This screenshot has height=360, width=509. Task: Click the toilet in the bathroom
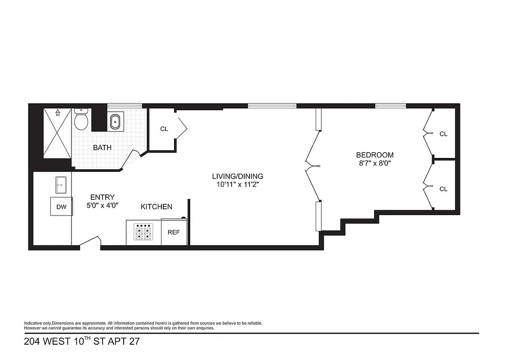(x=81, y=120)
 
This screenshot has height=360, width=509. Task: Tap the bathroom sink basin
(x=116, y=121)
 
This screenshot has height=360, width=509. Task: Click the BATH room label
(x=102, y=148)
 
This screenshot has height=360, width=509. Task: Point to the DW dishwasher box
(x=61, y=207)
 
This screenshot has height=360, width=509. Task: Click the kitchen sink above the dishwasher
(x=62, y=184)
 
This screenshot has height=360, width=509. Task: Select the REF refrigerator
(x=174, y=232)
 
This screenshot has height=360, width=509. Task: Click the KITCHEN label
(x=156, y=207)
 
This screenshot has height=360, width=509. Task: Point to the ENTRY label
(x=103, y=197)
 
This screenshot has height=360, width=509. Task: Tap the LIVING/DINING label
(x=238, y=176)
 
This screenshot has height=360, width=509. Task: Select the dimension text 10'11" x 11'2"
(x=238, y=184)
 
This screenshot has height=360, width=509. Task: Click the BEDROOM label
(x=375, y=155)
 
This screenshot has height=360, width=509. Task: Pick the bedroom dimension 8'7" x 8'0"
(x=375, y=163)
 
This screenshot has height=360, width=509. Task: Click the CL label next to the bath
(x=164, y=129)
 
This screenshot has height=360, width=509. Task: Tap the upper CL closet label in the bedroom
(x=443, y=134)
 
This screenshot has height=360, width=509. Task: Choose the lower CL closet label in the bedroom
(x=443, y=189)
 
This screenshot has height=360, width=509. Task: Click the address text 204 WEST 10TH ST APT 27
(x=81, y=342)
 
